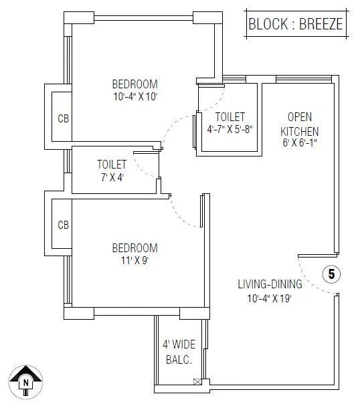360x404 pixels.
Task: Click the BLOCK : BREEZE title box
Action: [x=295, y=24]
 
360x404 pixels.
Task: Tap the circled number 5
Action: [x=331, y=274]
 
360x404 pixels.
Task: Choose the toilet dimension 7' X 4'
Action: [x=112, y=177]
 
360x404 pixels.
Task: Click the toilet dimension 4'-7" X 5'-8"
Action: [x=230, y=130]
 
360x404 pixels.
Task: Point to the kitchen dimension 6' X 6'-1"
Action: [x=298, y=143]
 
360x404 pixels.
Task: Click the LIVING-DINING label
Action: [x=270, y=284]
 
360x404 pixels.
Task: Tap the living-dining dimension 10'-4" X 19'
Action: [x=269, y=298]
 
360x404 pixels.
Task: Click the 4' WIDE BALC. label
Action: [x=179, y=352]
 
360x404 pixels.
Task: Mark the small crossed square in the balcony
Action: [x=196, y=382]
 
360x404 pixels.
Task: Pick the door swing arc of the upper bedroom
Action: [x=175, y=124]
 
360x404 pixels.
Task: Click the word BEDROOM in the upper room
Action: [x=134, y=84]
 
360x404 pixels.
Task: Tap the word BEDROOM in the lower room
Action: [x=134, y=247]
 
